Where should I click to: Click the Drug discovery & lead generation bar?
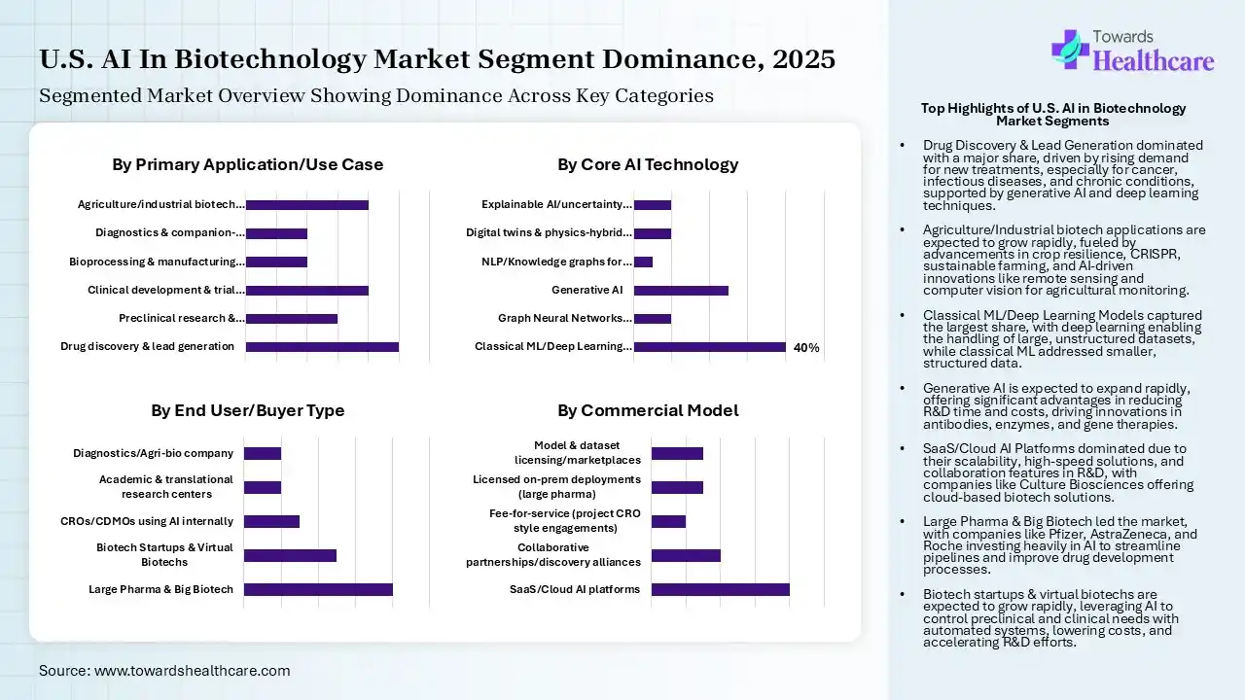(x=322, y=346)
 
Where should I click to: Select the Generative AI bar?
(x=681, y=290)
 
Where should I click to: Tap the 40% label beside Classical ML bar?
(x=806, y=347)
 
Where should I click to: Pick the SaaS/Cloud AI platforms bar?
(x=720, y=589)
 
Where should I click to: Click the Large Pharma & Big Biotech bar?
(x=318, y=589)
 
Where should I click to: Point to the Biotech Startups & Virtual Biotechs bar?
(x=290, y=555)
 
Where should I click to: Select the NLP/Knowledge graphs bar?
(x=643, y=262)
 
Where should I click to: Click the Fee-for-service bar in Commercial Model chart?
(x=668, y=521)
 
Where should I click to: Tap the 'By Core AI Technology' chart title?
(x=647, y=164)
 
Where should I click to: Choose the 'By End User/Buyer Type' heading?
(x=247, y=410)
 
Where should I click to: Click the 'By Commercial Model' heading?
(x=647, y=410)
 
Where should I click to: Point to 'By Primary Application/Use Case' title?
(x=247, y=164)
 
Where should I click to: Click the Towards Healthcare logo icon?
(x=1070, y=49)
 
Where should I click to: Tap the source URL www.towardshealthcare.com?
(x=192, y=671)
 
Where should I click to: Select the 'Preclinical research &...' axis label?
(x=181, y=318)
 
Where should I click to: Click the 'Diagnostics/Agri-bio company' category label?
(x=153, y=453)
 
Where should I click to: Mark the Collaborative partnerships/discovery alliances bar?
(x=686, y=555)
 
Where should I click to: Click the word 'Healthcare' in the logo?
(x=1154, y=62)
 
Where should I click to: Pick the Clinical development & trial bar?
(x=307, y=290)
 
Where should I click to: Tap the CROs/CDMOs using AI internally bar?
(x=271, y=521)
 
